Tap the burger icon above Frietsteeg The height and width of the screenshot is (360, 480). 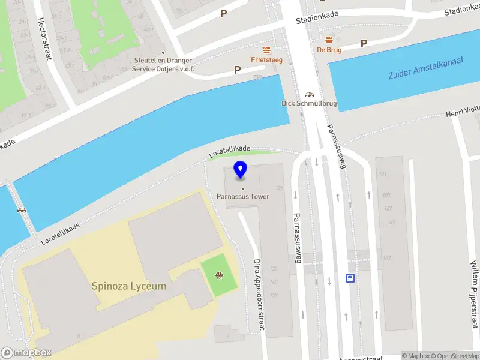[266, 49]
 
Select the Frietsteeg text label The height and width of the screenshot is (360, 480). [266, 60]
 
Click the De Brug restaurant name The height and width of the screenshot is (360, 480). [330, 50]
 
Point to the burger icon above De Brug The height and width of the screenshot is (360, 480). [329, 39]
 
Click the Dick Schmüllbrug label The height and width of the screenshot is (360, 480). [309, 104]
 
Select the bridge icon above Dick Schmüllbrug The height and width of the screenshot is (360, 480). [310, 94]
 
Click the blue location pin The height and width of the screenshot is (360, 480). [241, 170]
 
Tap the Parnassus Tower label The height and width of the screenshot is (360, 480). [243, 196]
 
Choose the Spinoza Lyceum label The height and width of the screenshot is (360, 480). [129, 286]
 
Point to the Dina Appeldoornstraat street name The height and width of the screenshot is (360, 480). [259, 295]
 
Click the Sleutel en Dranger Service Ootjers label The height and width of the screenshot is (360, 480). [163, 65]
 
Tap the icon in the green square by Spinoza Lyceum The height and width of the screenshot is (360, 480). [220, 276]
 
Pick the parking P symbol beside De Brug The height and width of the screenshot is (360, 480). [364, 43]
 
